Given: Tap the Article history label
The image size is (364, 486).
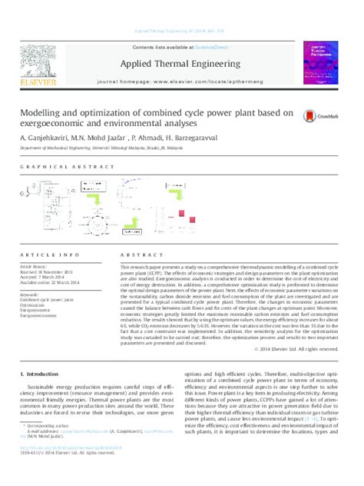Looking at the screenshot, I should [x=39, y=265].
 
